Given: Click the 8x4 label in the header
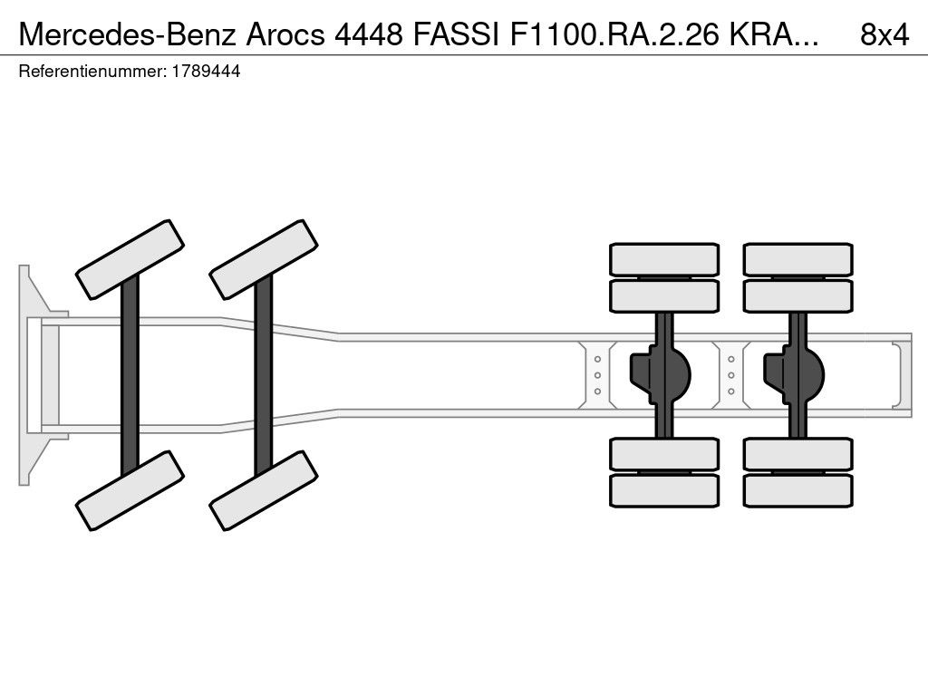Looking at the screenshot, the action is point(884,34).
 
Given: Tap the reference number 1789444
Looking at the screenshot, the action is point(206,72).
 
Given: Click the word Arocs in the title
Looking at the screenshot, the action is point(285,34).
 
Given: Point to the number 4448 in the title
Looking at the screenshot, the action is point(369,34).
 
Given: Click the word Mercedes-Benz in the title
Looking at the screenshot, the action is point(128,34).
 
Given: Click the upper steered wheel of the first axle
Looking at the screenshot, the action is point(130,260).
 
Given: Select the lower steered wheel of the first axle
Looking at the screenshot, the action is point(130,490).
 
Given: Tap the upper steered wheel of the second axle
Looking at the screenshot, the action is point(264,260).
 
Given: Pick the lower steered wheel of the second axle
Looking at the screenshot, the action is point(264,490).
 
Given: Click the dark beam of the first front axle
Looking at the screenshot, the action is point(130,375).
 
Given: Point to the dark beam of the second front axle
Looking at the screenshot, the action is point(264,375).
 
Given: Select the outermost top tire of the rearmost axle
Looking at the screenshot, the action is point(797,259).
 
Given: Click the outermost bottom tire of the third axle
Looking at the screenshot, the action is point(664,490).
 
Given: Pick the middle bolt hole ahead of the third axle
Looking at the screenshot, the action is point(597,375).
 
